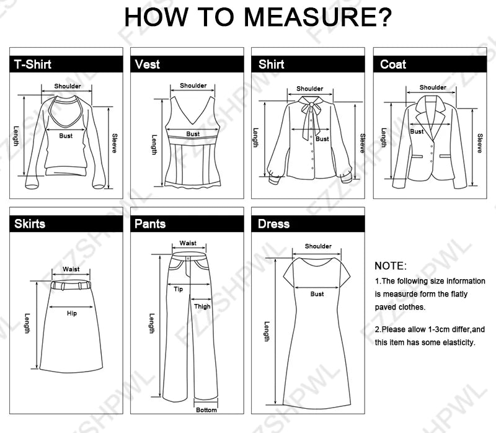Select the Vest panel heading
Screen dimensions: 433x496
pyautogui.click(x=148, y=64)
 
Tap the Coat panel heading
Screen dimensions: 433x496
pyautogui.click(x=393, y=64)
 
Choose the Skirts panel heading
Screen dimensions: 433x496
pyautogui.click(x=30, y=223)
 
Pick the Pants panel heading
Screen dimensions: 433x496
pyautogui.click(x=151, y=223)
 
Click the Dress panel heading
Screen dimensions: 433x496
pyautogui.click(x=274, y=223)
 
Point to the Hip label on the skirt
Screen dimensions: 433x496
pyautogui.click(x=72, y=313)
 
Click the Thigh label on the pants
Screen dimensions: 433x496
pyautogui.click(x=202, y=306)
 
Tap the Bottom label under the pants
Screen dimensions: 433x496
pyautogui.click(x=206, y=410)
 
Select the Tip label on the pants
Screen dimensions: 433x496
pyautogui.click(x=178, y=289)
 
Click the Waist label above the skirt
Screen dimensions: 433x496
pyautogui.click(x=71, y=269)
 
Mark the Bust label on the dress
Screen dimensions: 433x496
pyautogui.click(x=317, y=294)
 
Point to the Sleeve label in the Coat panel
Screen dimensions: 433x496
pyautogui.click(x=479, y=143)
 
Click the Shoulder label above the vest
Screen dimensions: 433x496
pyautogui.click(x=193, y=86)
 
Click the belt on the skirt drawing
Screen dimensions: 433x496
pyautogui.click(x=71, y=285)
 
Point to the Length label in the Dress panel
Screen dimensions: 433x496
pyautogui.click(x=267, y=331)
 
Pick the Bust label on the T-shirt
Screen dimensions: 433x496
pyautogui.click(x=66, y=135)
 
